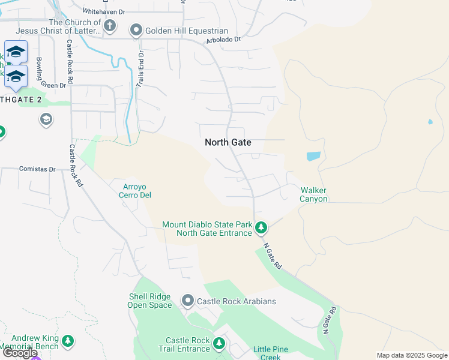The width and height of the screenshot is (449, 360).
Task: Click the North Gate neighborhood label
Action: point(228,142)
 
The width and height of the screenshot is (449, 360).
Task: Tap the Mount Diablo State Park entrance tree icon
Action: point(261,228)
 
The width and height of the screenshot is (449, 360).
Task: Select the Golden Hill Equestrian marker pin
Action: point(136,30)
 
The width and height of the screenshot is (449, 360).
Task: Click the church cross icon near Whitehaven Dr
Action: point(109,26)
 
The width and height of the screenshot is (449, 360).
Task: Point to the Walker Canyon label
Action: point(313,194)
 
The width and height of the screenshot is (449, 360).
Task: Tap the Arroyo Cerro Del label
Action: point(134,191)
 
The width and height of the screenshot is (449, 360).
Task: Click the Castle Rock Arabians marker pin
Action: point(188,300)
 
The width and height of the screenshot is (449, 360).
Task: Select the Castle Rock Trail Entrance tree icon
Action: point(219,343)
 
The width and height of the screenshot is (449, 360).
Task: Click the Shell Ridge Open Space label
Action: point(149,301)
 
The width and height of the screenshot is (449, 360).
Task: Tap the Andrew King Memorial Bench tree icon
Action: point(68,341)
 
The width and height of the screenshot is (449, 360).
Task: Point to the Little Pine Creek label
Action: point(267,353)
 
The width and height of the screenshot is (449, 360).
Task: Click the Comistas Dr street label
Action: point(37,169)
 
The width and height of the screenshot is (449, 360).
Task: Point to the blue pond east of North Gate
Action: point(313,156)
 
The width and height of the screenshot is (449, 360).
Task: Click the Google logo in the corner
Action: point(20,353)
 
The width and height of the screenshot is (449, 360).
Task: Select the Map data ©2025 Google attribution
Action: point(411,355)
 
